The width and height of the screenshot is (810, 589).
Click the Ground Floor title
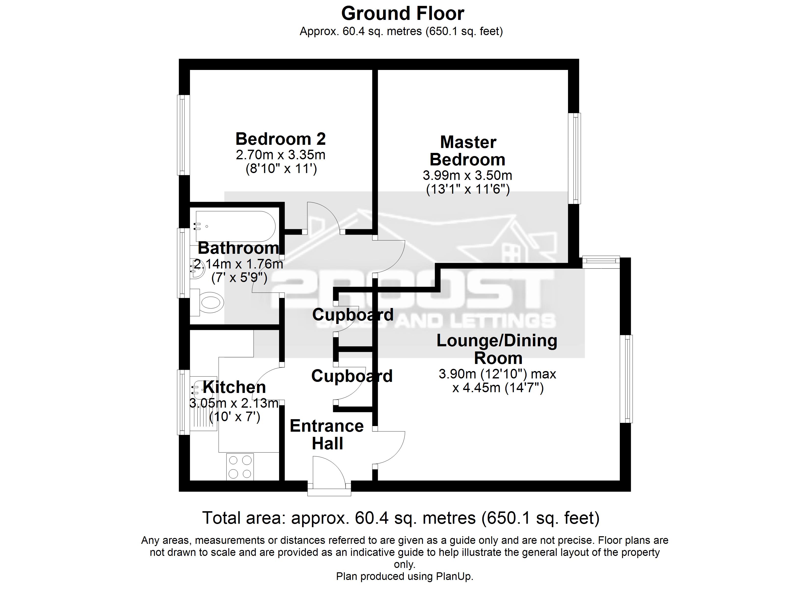tap(403, 13)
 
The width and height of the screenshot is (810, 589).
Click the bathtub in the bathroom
tap(235, 226)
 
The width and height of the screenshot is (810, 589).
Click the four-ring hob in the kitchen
tap(240, 467)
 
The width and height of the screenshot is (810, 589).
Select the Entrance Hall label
tap(326, 434)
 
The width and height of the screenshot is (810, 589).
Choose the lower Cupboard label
tap(352, 376)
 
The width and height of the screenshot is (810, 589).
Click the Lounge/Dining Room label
tap(497, 349)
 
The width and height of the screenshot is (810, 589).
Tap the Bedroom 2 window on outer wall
tap(183, 135)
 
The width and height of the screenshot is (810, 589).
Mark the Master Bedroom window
tap(574, 158)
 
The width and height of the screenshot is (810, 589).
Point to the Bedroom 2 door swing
tap(323, 219)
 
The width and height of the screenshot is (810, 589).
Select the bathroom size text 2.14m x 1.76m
tap(239, 264)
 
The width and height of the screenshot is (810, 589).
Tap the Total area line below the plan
tap(401, 518)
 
